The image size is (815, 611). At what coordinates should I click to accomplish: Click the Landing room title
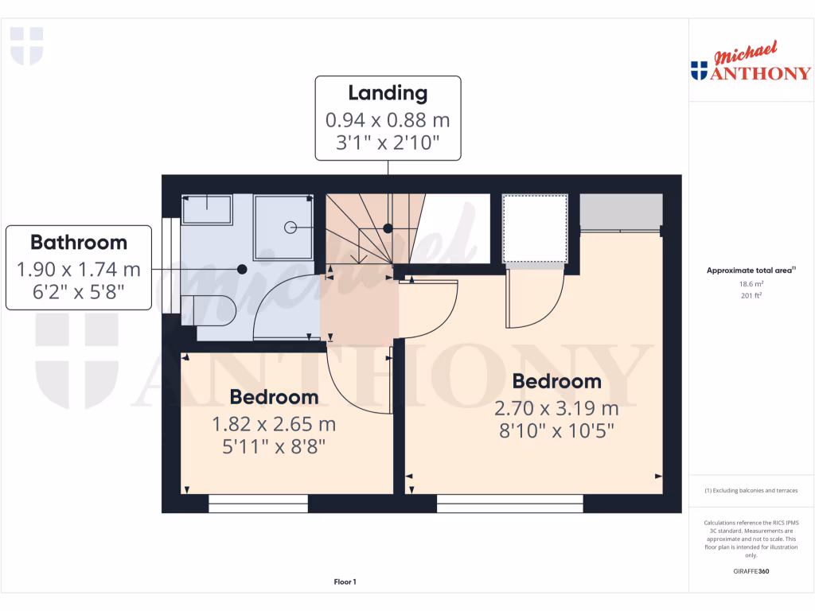coord(388,93)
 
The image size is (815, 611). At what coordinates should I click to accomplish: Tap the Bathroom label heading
coord(79,242)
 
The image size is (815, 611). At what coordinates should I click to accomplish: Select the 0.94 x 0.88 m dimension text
coord(388,120)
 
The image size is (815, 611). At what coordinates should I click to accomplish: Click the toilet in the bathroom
coord(209,307)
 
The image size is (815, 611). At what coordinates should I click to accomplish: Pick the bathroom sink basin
coord(207,209)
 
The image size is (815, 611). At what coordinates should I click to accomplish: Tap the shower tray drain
coord(289,228)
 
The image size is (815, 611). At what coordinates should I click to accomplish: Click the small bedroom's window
coord(259,503)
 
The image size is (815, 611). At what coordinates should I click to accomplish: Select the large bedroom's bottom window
coord(509,503)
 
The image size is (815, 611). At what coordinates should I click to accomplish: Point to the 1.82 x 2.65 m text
coord(274,424)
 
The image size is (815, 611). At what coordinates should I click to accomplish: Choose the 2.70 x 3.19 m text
coord(556,409)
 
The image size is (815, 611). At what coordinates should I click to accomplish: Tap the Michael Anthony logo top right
coord(751,64)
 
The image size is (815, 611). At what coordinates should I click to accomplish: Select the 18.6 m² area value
coord(751,283)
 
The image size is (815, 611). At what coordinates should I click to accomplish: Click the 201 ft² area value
coord(751,295)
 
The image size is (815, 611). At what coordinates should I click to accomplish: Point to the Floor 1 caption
coord(345,582)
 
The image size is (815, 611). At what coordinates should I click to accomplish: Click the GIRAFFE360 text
coord(751,571)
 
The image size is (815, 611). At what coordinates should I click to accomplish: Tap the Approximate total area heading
coord(749,270)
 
